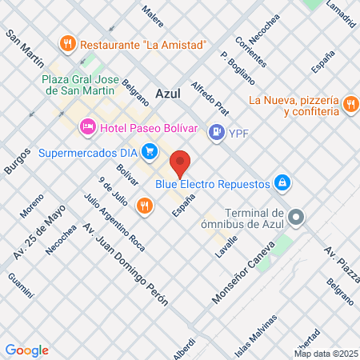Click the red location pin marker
click(181, 163)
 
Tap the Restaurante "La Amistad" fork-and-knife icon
click(68, 43)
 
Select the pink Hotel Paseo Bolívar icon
click(87, 127)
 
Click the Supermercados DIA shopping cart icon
click(149, 150)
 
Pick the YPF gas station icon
click(215, 133)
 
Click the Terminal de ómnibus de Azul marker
click(296, 217)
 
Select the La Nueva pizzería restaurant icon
click(350, 104)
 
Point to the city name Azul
click(170, 93)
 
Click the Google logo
click(26, 350)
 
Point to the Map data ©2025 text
click(326, 354)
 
